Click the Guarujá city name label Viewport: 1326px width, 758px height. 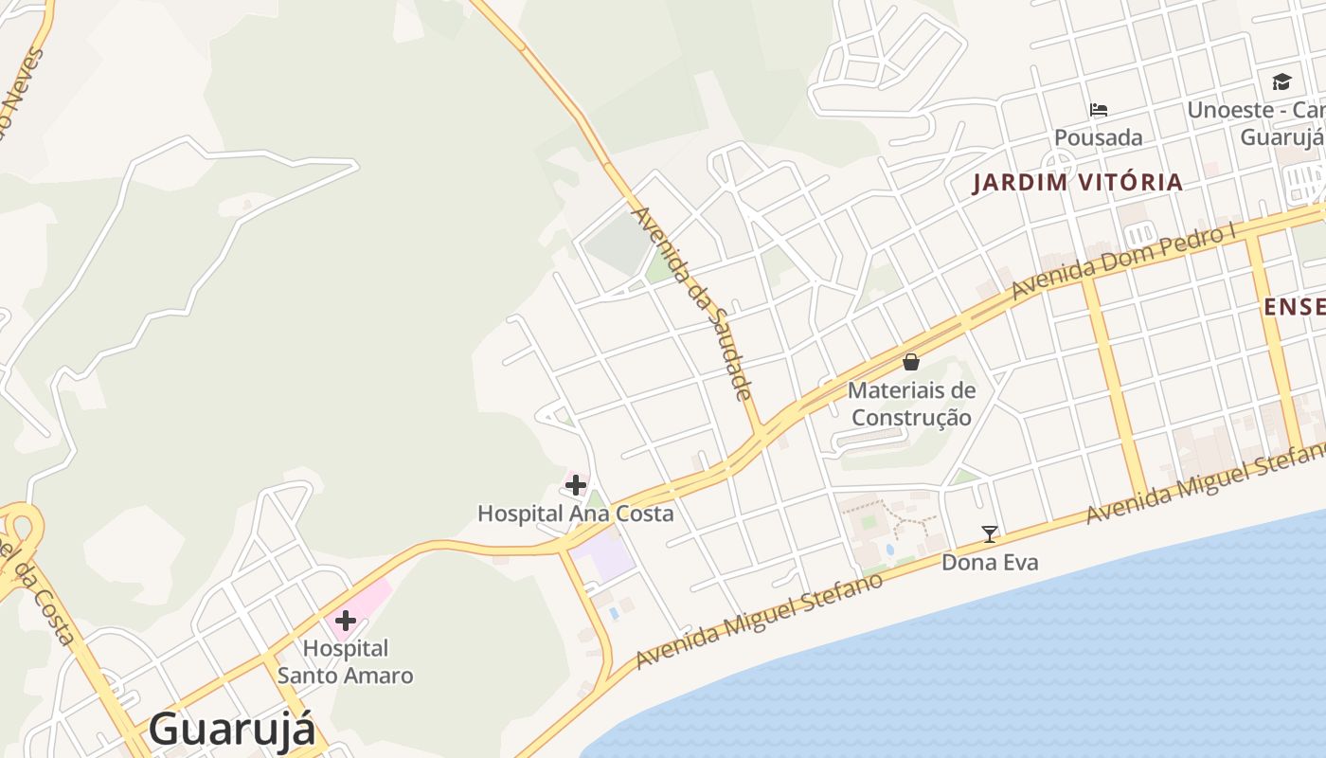tap(231, 730)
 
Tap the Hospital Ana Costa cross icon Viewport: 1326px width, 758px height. tap(575, 486)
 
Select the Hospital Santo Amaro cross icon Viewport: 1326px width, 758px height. tap(345, 621)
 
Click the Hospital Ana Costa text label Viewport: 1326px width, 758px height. tap(576, 514)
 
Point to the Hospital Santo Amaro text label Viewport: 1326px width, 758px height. tap(346, 662)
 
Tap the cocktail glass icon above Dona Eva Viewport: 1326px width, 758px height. tap(990, 534)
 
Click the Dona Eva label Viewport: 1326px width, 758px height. tap(990, 562)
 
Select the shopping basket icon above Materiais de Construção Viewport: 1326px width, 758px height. tap(911, 362)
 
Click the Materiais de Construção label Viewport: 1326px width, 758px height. tap(911, 404)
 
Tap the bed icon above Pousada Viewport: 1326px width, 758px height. tap(1099, 110)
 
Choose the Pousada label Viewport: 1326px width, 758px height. tap(1099, 137)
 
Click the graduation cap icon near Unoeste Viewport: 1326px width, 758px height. tap(1281, 82)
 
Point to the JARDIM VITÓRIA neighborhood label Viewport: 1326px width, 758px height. tap(1078, 182)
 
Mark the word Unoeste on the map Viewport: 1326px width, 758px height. tap(1230, 110)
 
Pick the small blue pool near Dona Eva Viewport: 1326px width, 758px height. tap(889, 550)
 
